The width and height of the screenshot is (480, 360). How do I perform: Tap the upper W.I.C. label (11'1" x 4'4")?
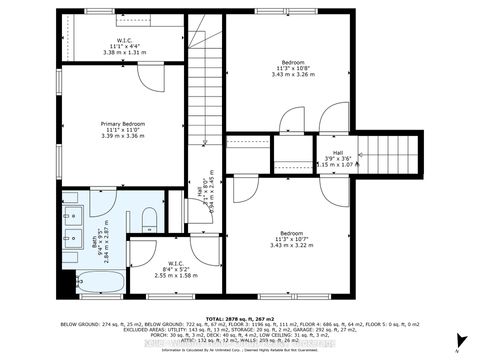pos(131,41)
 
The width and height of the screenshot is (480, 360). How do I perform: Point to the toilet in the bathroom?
pos(149,219)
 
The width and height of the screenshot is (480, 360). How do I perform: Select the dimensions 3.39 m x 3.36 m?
pos(123,137)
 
